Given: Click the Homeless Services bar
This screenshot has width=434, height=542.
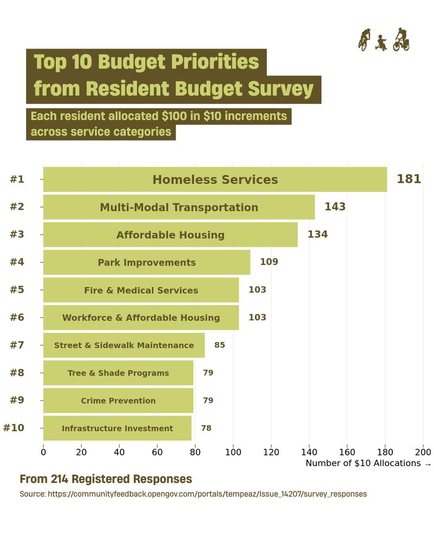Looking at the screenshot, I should [215, 179].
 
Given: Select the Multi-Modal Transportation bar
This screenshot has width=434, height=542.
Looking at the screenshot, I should [179, 207].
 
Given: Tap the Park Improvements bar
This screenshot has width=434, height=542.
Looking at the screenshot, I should [146, 262].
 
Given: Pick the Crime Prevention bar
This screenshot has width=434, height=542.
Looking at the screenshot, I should [118, 401].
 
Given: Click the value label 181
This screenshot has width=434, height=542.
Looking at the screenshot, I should [409, 179].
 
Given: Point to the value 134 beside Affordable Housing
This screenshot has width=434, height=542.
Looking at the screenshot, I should [318, 235].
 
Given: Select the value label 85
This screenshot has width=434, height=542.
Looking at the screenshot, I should [220, 345].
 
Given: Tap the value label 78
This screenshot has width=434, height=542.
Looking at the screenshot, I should [206, 428].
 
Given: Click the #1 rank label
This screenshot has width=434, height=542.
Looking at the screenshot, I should [17, 179].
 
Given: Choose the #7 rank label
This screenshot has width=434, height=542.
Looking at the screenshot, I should [17, 345].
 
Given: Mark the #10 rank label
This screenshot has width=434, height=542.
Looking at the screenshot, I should [14, 428].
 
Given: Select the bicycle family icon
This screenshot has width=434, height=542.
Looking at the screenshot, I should [384, 40].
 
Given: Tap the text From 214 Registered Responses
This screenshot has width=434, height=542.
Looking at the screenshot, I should [106, 479].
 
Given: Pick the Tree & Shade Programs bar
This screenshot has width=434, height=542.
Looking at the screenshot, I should [118, 373].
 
